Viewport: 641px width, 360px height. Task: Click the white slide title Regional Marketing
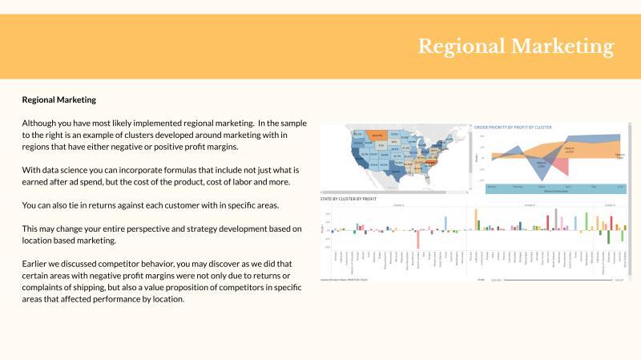tap(515, 47)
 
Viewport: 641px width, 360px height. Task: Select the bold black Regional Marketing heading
tap(58, 100)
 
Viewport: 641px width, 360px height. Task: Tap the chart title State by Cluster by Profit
tap(349, 197)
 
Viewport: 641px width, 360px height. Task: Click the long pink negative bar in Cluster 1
tap(417, 239)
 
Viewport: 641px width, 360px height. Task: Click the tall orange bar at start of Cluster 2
tap(476, 219)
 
